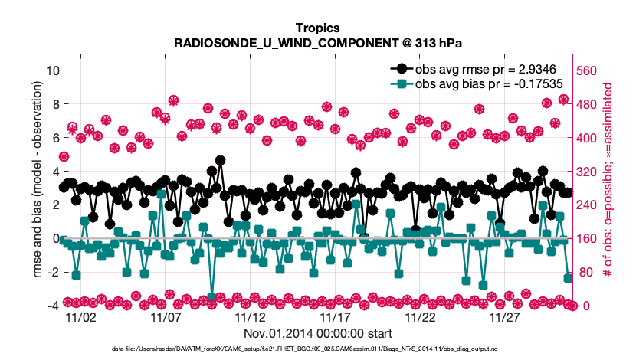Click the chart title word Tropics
tap(317, 28)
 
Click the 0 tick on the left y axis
tap(55, 239)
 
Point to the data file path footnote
tap(317, 349)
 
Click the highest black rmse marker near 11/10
tap(221, 161)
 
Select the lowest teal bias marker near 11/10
tap(212, 296)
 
